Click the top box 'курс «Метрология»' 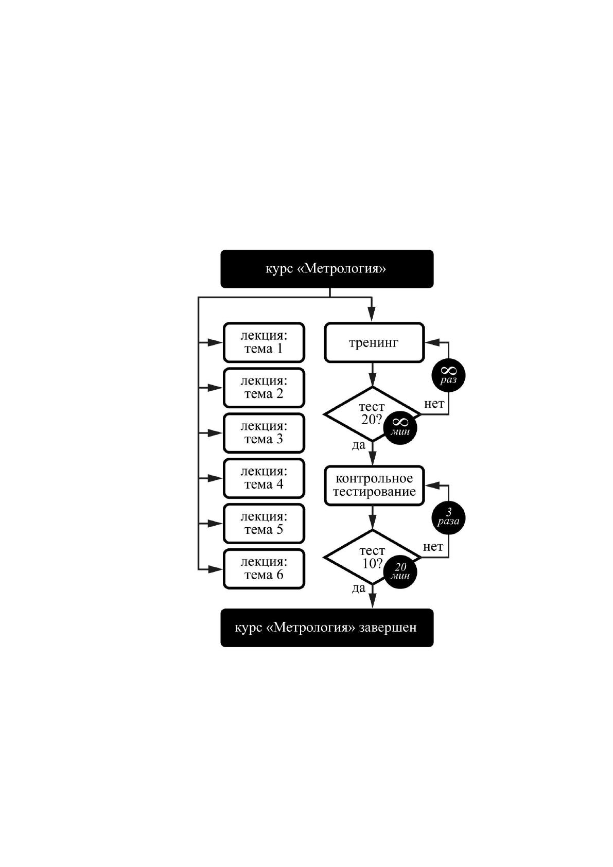(x=327, y=269)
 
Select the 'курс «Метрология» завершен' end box (x=327, y=628)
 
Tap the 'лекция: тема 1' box (x=264, y=342)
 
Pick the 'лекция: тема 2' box (x=264, y=388)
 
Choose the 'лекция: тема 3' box (x=264, y=433)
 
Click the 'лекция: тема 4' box (x=264, y=478)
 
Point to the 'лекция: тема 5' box (x=264, y=524)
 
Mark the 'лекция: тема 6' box (x=264, y=569)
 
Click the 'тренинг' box (x=374, y=342)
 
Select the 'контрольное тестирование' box (x=374, y=485)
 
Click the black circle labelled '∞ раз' (x=448, y=375)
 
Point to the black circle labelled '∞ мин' (x=400, y=428)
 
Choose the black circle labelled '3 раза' (x=448, y=518)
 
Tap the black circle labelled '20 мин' (x=400, y=571)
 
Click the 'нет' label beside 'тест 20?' (x=434, y=404)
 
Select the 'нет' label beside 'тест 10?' (x=433, y=547)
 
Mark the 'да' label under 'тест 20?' (x=359, y=445)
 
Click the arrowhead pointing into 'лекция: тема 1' (x=215, y=342)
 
